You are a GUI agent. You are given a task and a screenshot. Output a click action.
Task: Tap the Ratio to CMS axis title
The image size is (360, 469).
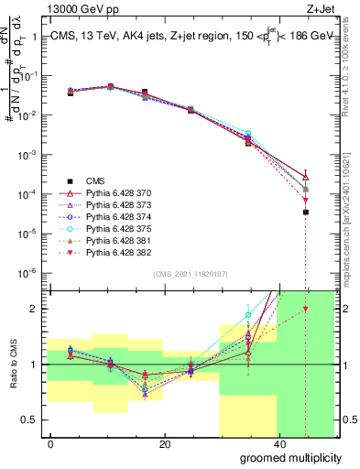(12, 364)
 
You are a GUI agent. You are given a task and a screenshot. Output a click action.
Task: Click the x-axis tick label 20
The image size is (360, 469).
(164, 444)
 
